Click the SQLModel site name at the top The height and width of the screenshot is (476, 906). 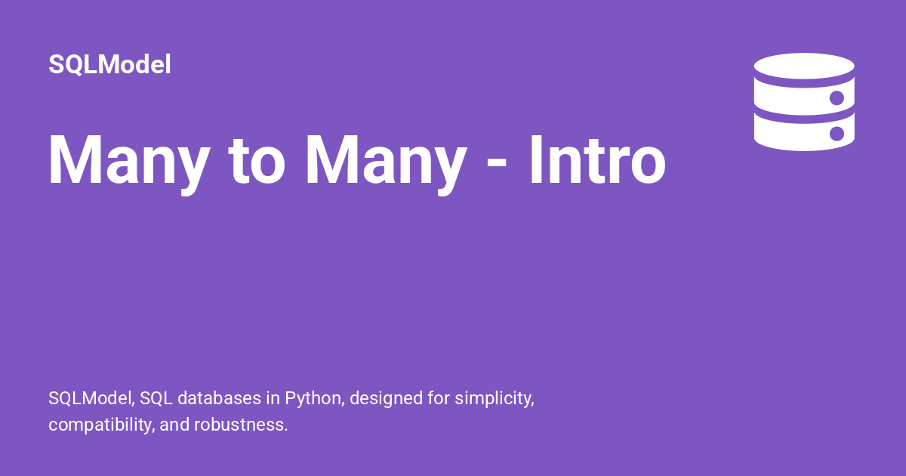tap(109, 65)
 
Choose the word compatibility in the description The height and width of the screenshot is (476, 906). tap(101, 425)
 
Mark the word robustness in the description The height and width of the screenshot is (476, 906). tap(241, 425)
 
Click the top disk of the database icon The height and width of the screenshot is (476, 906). tap(804, 66)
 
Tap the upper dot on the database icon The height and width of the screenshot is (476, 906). tap(837, 97)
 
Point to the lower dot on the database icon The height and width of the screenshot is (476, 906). tap(837, 134)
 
